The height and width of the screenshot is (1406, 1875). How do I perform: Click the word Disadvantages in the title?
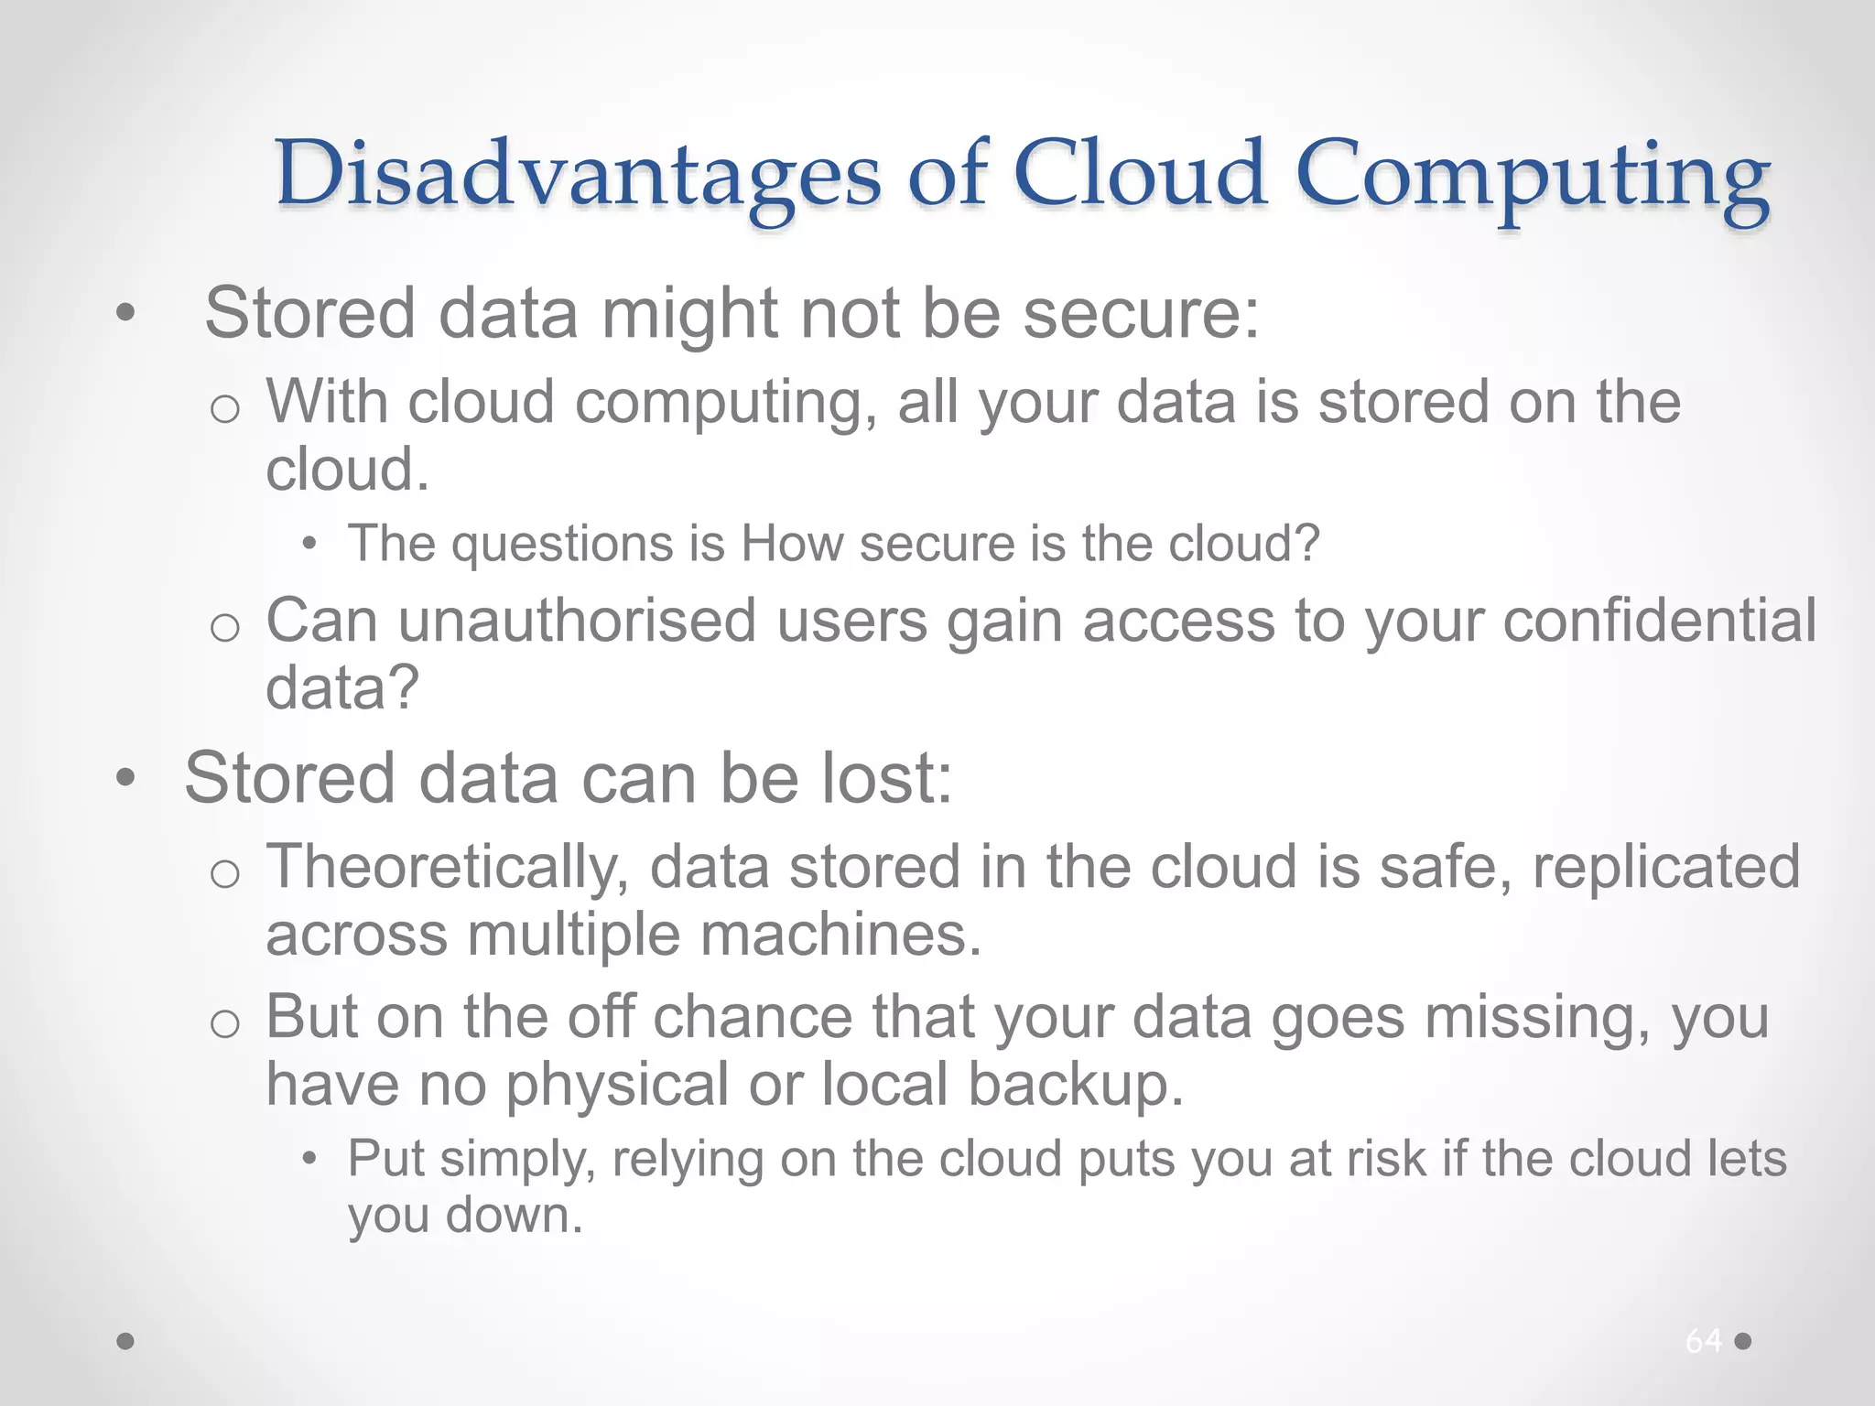coord(578,174)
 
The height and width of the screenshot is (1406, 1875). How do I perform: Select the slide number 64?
coord(1703,1341)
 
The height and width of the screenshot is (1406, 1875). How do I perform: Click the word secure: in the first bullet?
coord(1141,313)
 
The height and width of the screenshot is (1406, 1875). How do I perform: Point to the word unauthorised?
coord(577,621)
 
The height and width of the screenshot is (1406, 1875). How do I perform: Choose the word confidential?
coord(1659,621)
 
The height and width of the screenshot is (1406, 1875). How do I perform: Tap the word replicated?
coord(1666,868)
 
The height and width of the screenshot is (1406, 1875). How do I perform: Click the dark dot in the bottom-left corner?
coord(125,1341)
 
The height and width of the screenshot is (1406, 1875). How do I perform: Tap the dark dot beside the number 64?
coord(1743,1341)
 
